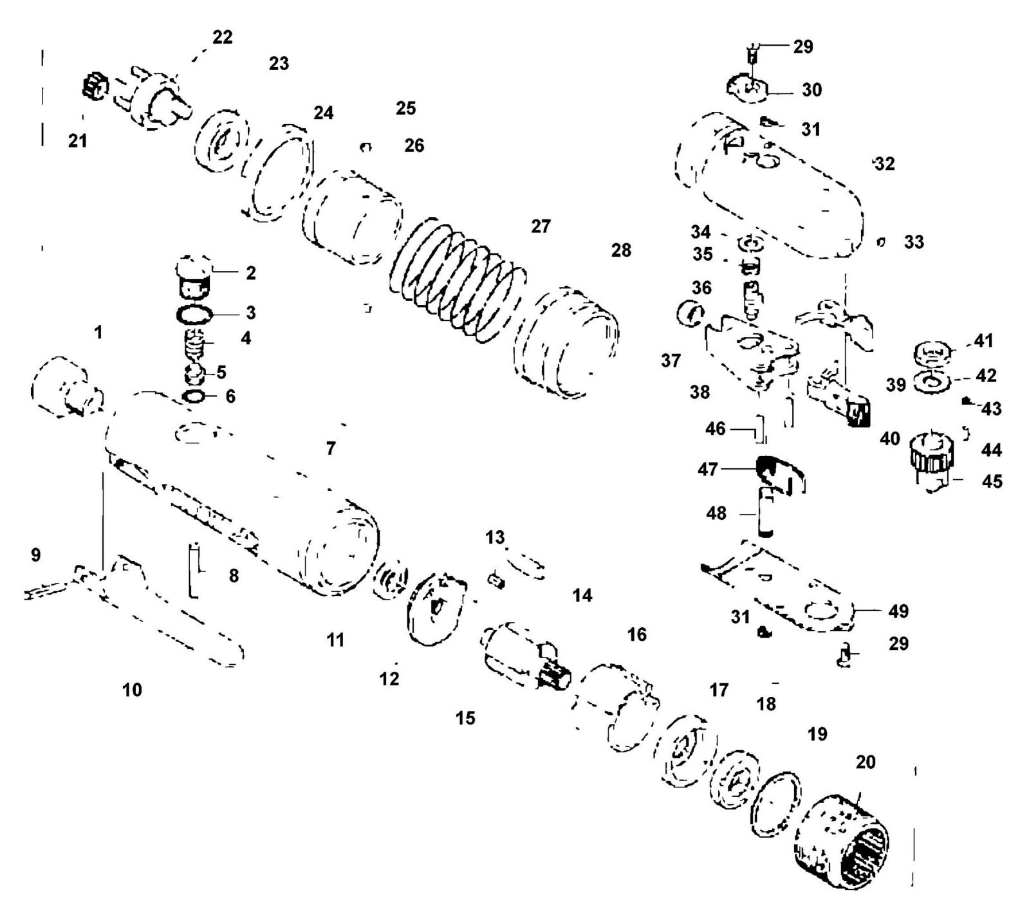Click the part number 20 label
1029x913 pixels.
(866, 762)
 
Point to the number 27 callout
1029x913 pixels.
(541, 226)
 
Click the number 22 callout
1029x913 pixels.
(222, 37)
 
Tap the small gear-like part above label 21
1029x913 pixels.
(95, 86)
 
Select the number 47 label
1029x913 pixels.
(708, 470)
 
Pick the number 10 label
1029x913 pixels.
(132, 690)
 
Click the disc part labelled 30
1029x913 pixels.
(748, 89)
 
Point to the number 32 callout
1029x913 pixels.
(885, 164)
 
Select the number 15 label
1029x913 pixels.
(465, 718)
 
